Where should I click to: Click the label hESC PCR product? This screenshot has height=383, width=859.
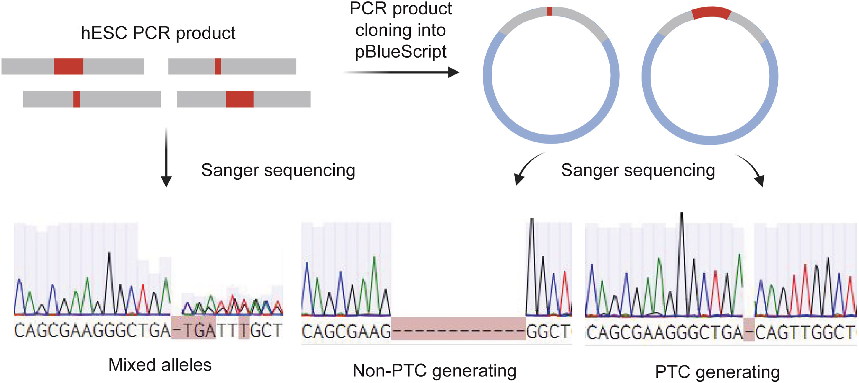point(158,33)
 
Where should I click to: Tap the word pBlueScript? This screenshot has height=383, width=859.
point(401,52)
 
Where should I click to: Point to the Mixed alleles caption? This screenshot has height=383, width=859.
point(160,364)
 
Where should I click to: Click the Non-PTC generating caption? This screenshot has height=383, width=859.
point(434,370)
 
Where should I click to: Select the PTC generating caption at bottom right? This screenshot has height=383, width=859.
point(717,372)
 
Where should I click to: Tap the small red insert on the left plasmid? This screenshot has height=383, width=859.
point(550,11)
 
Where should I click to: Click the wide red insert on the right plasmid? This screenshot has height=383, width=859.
point(711,13)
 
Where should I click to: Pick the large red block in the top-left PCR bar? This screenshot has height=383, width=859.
point(68,66)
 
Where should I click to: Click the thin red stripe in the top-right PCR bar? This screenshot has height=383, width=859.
point(218,66)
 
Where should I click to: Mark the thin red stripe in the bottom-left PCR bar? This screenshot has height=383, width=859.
point(76,99)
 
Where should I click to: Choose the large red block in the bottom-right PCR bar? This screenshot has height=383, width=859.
point(240,99)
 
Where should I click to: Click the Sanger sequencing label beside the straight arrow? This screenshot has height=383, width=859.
point(278,170)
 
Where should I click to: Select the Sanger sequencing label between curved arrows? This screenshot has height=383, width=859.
point(638,170)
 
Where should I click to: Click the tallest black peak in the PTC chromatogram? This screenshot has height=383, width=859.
point(682,233)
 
